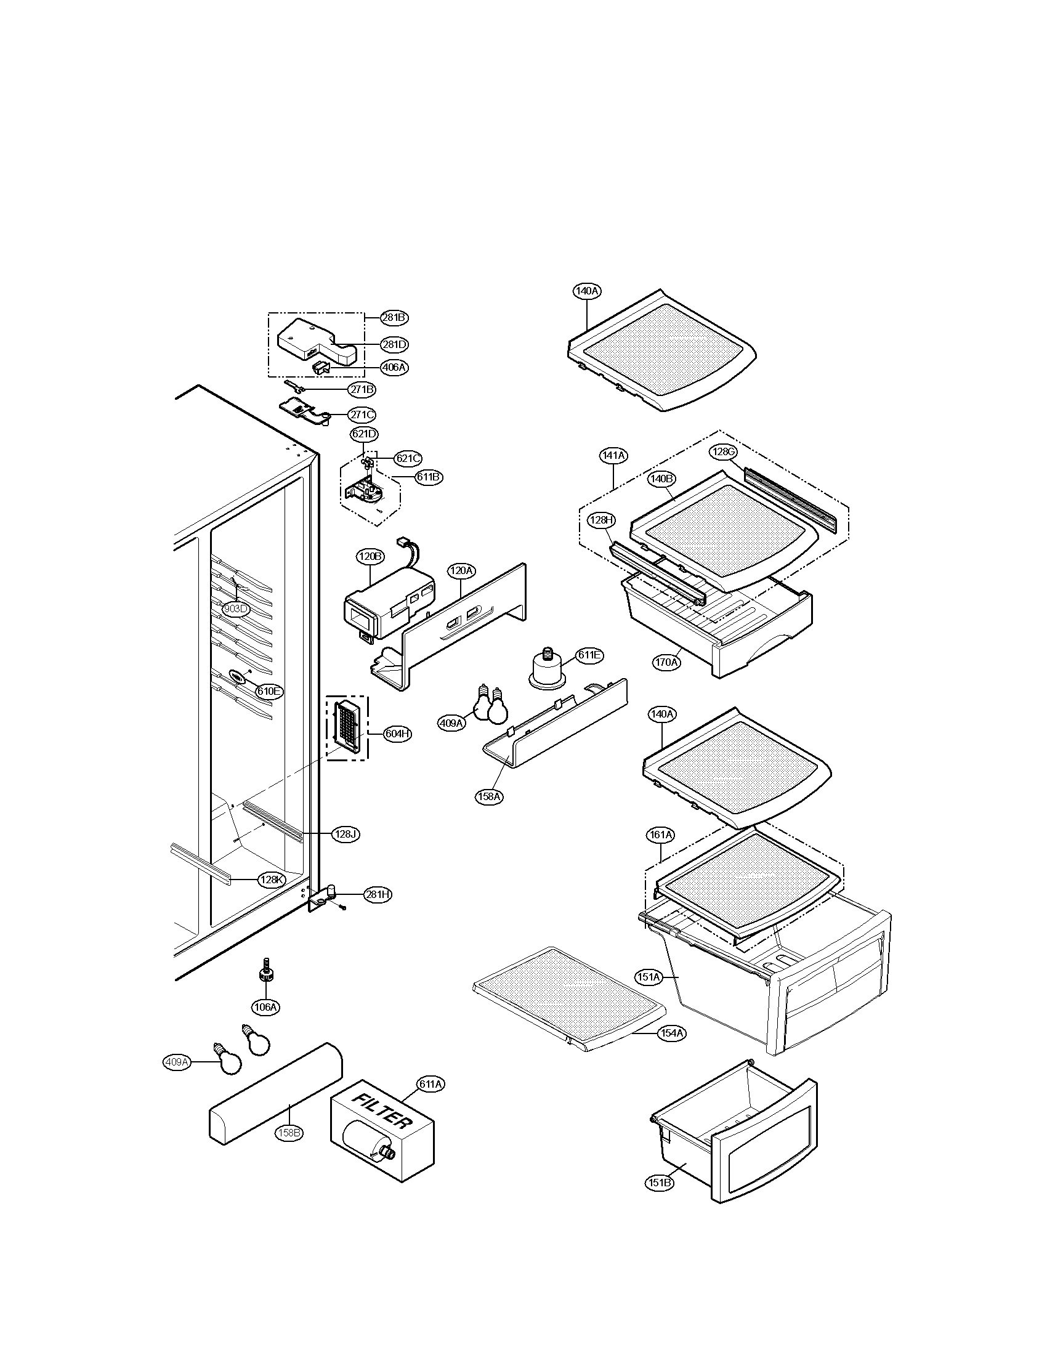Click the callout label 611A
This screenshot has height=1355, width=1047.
(x=431, y=1084)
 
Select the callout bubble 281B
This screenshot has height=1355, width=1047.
(x=395, y=318)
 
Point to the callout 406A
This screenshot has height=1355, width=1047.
(x=395, y=367)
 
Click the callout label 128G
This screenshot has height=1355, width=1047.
(x=722, y=452)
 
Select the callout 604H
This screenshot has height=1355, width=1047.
(x=397, y=734)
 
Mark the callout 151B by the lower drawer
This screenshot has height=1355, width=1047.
(x=659, y=1183)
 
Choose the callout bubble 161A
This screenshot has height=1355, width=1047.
(x=661, y=835)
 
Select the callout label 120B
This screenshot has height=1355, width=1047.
(x=370, y=556)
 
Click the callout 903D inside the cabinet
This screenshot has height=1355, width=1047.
(x=236, y=609)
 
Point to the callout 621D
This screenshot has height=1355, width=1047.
(x=364, y=434)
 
